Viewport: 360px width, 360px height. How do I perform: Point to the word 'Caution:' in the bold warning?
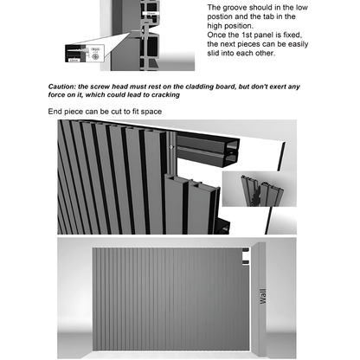[65, 87]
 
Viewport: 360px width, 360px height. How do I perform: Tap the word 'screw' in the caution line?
[112, 87]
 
